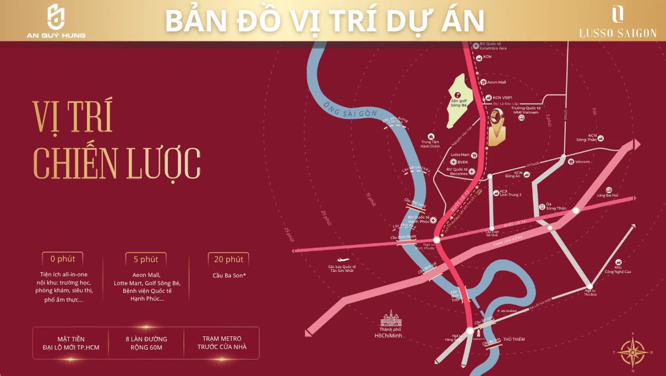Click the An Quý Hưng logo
[56, 21]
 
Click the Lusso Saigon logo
[618, 22]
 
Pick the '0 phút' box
[63, 259]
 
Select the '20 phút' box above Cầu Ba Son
[228, 259]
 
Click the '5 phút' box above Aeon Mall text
[146, 259]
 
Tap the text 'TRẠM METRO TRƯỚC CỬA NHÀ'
[222, 342]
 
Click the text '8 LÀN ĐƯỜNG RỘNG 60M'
[146, 342]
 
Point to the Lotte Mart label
[460, 155]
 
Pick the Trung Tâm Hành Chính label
[430, 144]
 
